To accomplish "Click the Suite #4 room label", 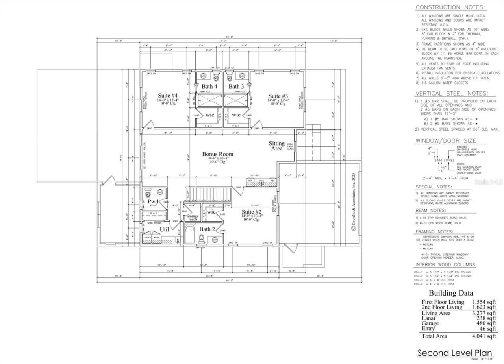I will (168, 96).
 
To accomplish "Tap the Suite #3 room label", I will (278, 96).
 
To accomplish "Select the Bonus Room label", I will (218, 154).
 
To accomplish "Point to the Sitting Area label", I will (277, 146).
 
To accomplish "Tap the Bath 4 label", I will (209, 86).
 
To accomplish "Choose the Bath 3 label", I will (236, 86).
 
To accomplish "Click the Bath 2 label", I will (207, 229).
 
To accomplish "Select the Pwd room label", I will (153, 201).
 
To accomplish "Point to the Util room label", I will (164, 229).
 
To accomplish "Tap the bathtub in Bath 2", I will (190, 235).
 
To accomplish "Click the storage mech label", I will (193, 218).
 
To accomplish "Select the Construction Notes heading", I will (450, 7).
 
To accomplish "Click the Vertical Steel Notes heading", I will (455, 94).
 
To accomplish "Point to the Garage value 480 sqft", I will (484, 323).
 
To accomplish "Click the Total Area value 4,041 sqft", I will (484, 336).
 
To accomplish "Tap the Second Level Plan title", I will (455, 353).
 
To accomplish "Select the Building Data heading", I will (451, 293).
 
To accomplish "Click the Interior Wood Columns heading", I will (445, 265).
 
